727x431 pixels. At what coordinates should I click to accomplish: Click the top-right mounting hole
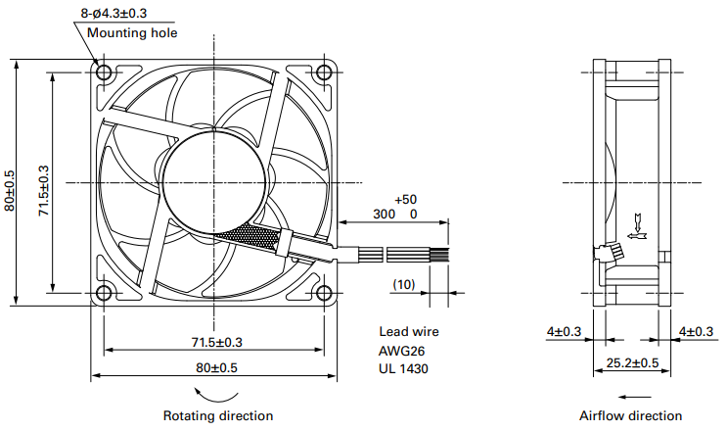(x=324, y=72)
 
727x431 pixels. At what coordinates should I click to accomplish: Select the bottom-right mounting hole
(x=324, y=292)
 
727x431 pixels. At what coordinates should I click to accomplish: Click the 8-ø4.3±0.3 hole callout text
(x=121, y=13)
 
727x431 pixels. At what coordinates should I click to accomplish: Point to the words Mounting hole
(x=132, y=32)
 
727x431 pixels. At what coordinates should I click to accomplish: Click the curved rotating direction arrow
(x=215, y=393)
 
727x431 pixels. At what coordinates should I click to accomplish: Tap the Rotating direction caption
(x=217, y=415)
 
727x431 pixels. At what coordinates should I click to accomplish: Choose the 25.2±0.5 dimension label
(x=631, y=363)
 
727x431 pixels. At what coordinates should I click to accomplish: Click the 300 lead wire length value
(x=384, y=214)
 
